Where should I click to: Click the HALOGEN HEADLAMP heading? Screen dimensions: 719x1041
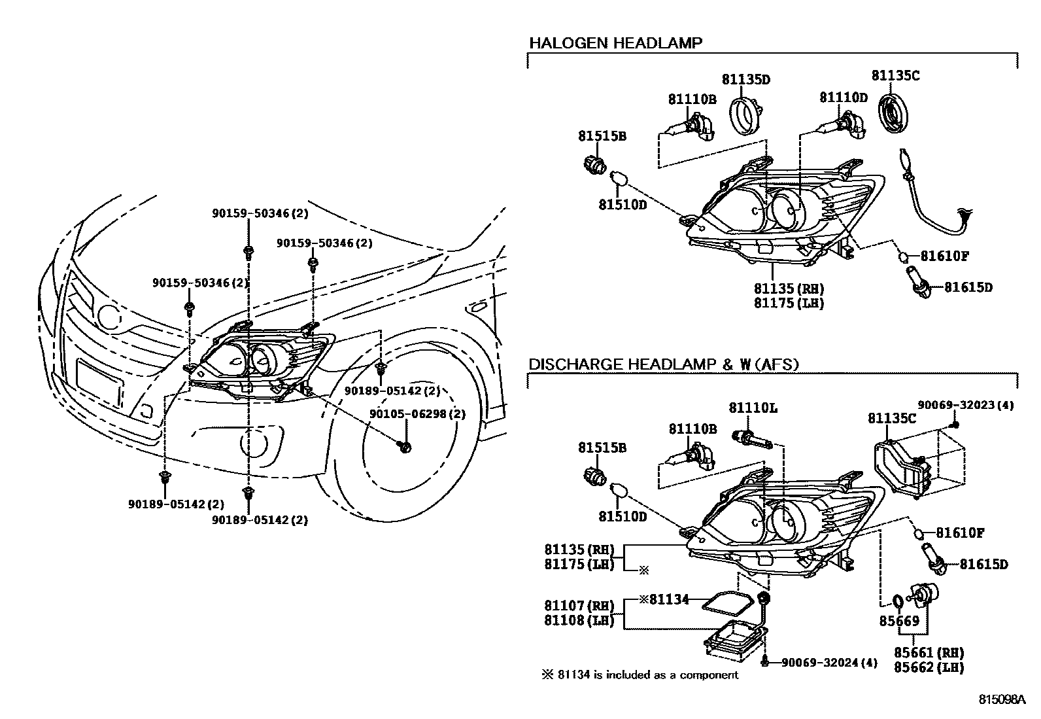pos(615,43)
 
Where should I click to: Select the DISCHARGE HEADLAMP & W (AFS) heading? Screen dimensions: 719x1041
pos(663,364)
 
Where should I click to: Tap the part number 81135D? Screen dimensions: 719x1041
pos(745,80)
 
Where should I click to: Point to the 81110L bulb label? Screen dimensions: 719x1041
pos(753,408)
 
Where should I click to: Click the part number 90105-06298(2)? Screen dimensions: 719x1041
pos(417,414)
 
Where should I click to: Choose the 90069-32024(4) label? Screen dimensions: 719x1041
pos(828,662)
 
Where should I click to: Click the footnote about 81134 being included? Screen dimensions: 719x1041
pos(640,675)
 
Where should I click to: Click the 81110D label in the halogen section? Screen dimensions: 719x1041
pos(843,98)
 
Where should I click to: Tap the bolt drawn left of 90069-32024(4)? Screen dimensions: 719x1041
pos(764,662)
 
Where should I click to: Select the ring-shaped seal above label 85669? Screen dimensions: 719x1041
pos(898,600)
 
